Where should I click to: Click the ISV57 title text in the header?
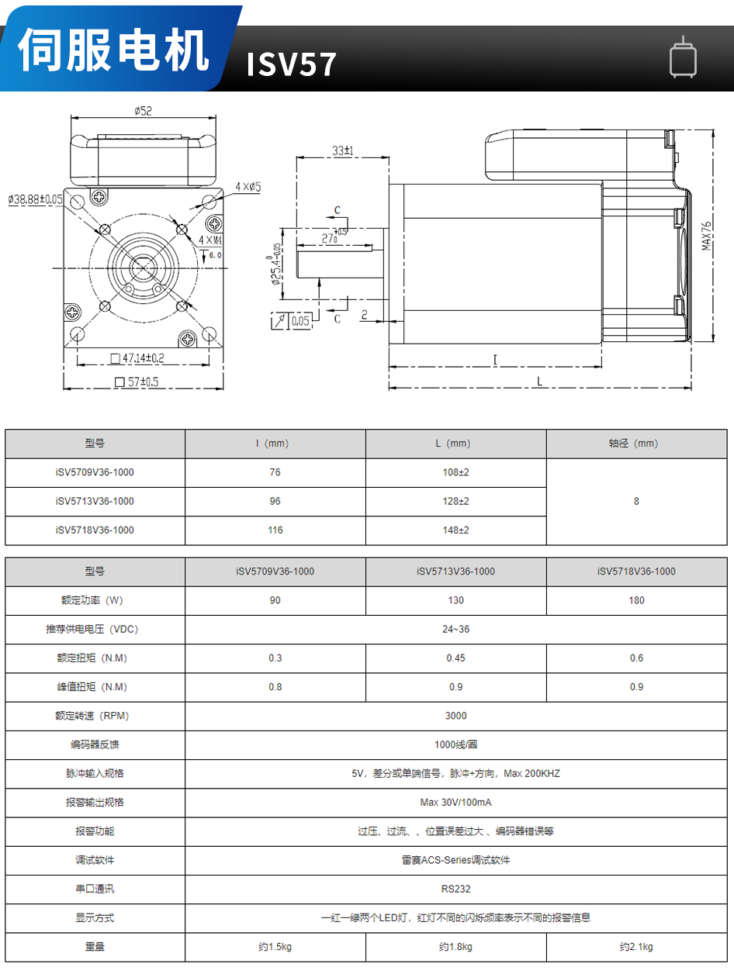[x=292, y=65]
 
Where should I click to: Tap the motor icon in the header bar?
[x=683, y=59]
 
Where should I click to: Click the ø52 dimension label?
[x=143, y=111]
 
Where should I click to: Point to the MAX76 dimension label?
[x=707, y=235]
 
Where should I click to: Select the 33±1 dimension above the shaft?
[x=342, y=150]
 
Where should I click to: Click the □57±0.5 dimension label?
[x=137, y=382]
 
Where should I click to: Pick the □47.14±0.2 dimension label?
[x=138, y=358]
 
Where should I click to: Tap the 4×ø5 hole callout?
[x=248, y=187]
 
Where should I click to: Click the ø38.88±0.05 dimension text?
[x=36, y=199]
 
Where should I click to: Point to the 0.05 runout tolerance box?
[x=300, y=320]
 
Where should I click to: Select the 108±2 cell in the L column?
[x=456, y=472]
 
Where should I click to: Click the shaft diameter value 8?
[x=636, y=501]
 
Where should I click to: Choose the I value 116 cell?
[x=275, y=530]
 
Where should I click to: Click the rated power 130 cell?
[x=456, y=600]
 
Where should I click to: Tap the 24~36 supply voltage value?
[x=456, y=629]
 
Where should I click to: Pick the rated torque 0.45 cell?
[x=456, y=658]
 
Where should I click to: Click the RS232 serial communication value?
[x=456, y=889]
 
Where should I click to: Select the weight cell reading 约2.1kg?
[x=636, y=947]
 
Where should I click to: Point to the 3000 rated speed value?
[x=456, y=716]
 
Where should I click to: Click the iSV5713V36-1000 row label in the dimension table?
[x=95, y=501]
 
